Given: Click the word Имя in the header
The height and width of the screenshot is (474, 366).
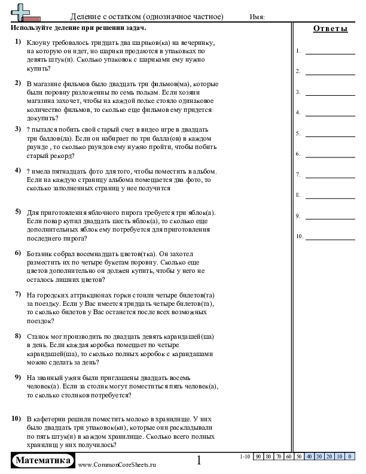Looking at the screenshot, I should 258,17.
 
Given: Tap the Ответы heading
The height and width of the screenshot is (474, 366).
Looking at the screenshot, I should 330,29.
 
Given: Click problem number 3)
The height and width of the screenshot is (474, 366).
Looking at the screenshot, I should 18,129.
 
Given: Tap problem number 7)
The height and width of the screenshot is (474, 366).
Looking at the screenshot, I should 18,294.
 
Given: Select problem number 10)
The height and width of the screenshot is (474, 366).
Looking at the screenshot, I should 17,418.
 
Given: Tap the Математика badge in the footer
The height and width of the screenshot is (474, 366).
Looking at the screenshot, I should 43,460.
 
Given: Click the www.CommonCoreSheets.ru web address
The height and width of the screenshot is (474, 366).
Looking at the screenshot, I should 117,464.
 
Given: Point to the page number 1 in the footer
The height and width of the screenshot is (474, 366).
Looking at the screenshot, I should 199,460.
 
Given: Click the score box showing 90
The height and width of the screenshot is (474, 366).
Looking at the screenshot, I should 258,457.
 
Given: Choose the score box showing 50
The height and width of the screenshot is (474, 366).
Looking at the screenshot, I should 298,457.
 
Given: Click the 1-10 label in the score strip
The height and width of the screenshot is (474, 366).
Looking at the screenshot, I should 245,457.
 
